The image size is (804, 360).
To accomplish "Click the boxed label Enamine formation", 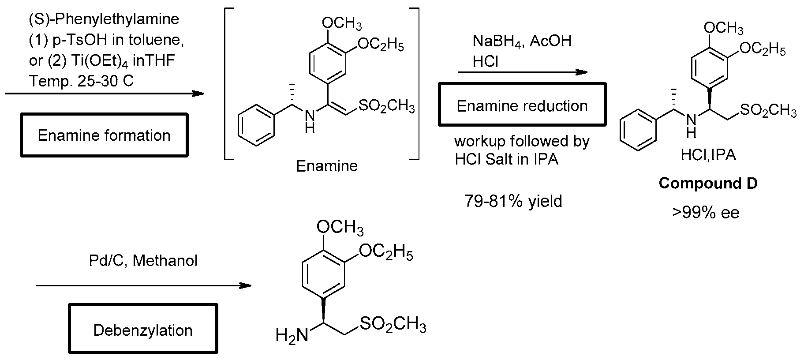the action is pyautogui.click(x=105, y=135).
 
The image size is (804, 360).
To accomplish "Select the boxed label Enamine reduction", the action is pyautogui.click(x=522, y=106).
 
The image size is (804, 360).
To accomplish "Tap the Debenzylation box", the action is pyautogui.click(x=143, y=330).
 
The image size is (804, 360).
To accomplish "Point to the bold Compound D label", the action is pyautogui.click(x=708, y=183).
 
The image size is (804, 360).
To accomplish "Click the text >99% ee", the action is pyautogui.click(x=706, y=213).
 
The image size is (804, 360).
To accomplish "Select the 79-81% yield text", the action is pyautogui.click(x=513, y=201).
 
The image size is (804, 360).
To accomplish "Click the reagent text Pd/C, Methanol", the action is pyautogui.click(x=143, y=261).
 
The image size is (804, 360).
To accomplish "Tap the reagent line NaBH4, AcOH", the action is pyautogui.click(x=522, y=41).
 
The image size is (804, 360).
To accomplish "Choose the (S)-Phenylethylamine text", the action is pyautogui.click(x=104, y=19).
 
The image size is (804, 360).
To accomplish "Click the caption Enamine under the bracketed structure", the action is pyautogui.click(x=327, y=166).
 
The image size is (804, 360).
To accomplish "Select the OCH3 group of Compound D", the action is pyautogui.click(x=723, y=28).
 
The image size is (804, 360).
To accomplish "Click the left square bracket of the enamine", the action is pyautogui.click(x=228, y=83).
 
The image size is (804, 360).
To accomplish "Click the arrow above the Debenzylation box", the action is pyautogui.click(x=143, y=286).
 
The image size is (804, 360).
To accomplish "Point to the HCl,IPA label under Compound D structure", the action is pyautogui.click(x=708, y=155).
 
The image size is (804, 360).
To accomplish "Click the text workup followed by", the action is pyautogui.click(x=522, y=142).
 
